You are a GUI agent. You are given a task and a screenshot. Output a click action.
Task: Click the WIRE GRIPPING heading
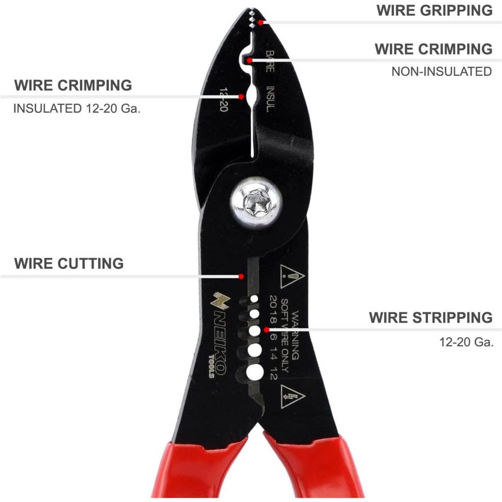point(434,11)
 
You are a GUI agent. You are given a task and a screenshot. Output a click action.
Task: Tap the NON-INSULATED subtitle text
point(442,72)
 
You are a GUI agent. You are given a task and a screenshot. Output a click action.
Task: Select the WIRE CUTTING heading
point(69,263)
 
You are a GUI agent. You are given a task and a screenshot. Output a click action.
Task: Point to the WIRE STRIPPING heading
point(430,318)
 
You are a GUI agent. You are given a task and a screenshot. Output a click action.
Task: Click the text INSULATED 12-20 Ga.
point(77,108)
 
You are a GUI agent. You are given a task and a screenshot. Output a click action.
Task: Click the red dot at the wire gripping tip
point(261,23)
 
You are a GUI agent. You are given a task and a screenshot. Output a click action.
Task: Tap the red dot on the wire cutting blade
point(241,276)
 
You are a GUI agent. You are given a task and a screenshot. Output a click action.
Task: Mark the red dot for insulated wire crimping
point(241,97)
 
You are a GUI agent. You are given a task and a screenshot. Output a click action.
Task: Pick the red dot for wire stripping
point(266,329)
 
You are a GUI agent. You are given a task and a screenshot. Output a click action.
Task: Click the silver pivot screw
point(256,202)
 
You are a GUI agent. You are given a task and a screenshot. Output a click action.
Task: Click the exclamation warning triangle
point(292,276)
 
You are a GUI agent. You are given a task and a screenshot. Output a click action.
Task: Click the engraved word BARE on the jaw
point(270,61)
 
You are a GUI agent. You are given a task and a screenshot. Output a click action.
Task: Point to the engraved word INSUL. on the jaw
point(271,99)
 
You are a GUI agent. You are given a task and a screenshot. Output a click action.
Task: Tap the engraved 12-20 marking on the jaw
point(224,99)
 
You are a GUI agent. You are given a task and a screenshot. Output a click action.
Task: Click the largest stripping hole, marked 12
point(255,373)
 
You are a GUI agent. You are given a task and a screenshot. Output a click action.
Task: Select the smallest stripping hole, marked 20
point(254,299)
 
